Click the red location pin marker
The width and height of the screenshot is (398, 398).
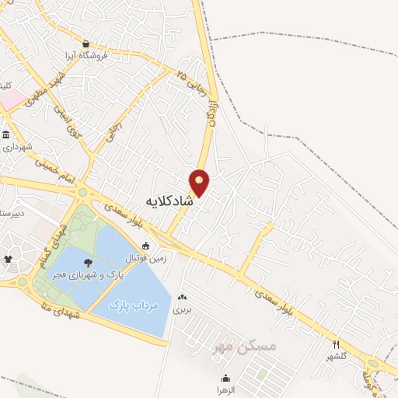pos(200,183)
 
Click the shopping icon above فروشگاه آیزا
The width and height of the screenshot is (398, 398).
pos(86,44)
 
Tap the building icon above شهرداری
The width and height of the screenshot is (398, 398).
pos(6,134)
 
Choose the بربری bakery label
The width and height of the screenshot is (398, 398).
pos(183,309)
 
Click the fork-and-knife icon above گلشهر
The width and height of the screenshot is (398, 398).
pos(336,344)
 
